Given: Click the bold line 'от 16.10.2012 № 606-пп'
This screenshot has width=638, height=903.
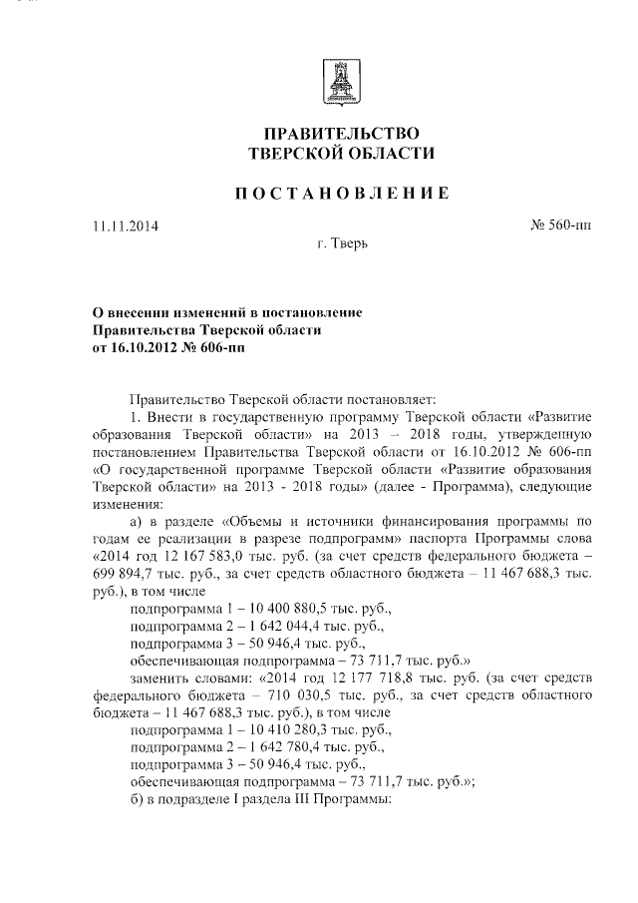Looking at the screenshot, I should (167, 348).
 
